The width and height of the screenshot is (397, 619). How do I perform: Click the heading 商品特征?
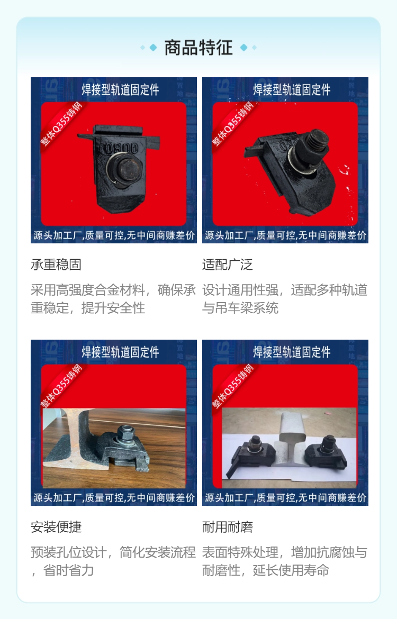click(198, 48)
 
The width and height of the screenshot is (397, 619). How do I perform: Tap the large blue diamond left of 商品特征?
click(154, 48)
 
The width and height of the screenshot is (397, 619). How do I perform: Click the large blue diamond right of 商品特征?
click(243, 48)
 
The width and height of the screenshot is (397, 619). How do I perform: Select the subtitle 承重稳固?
click(56, 265)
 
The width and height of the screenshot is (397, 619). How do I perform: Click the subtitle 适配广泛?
click(228, 265)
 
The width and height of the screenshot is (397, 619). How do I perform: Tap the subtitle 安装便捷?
click(56, 527)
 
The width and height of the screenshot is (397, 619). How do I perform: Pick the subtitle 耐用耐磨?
click(228, 527)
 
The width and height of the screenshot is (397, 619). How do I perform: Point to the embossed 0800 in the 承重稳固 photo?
click(121, 149)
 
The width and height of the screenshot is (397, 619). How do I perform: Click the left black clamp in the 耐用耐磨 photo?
click(251, 453)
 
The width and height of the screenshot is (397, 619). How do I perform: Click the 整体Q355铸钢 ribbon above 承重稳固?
click(61, 124)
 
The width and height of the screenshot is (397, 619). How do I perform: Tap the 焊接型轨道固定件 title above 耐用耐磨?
click(292, 352)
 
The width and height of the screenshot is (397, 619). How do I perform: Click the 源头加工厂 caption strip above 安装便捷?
click(114, 498)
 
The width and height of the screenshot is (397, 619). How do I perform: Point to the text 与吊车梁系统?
click(240, 308)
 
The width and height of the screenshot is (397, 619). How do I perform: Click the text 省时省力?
click(69, 570)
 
